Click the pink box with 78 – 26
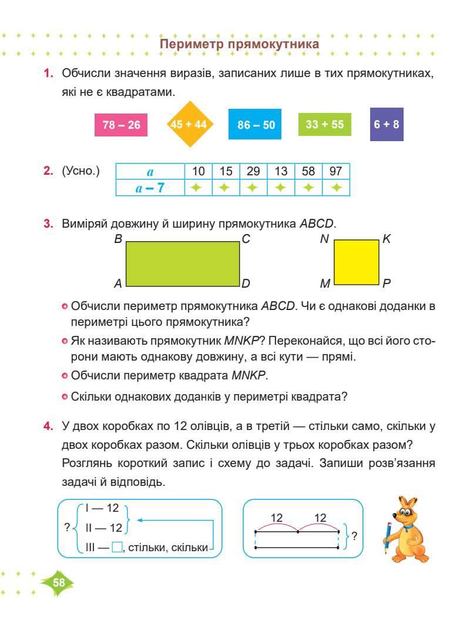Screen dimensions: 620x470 point(121,125)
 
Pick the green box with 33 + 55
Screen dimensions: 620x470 point(324,125)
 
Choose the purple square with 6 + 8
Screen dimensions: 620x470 point(387,125)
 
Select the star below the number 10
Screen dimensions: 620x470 point(198,188)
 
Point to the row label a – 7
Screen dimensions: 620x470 point(150,188)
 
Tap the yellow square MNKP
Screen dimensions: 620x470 point(356,262)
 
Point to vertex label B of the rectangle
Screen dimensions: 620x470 point(118,239)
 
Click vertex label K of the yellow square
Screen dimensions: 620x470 point(387,239)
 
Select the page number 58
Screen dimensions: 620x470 point(59,582)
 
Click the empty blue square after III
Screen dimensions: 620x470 point(116,548)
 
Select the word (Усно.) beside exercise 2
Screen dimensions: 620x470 point(80,171)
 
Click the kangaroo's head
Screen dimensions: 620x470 point(407,509)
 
